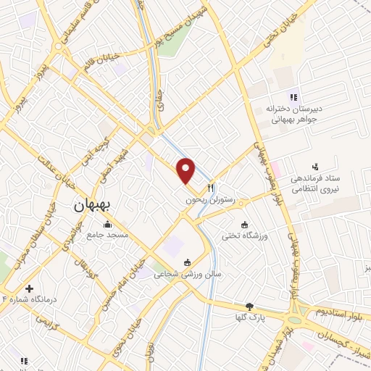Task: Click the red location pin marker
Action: pos(187,170)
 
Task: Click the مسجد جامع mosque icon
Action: pos(108,223)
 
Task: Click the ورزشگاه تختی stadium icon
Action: pos(244,224)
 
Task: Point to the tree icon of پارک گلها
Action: pos(250,307)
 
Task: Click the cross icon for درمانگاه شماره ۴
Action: pos(30,289)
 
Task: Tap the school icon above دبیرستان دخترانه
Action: pos(293,97)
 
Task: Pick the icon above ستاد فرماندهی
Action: pos(314,167)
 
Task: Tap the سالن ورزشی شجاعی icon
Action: pos(188,262)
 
